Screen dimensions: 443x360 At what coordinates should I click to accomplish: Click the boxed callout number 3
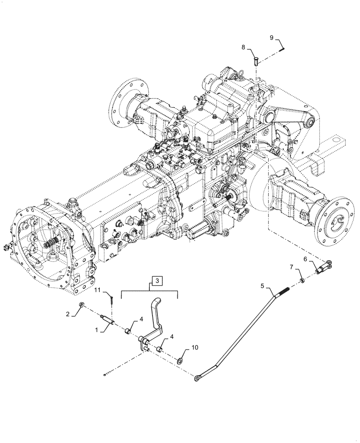tap(158, 280)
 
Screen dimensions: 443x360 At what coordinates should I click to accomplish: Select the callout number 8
tap(244, 46)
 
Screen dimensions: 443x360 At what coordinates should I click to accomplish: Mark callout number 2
tap(68, 314)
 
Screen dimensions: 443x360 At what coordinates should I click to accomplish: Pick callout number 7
tap(291, 267)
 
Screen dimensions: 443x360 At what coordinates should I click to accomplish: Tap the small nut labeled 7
tap(301, 280)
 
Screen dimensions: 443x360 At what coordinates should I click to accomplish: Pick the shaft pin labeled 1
tap(108, 319)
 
